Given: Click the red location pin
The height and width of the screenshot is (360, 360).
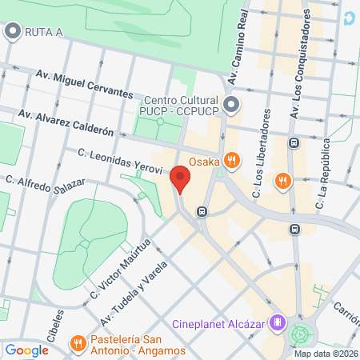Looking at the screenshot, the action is (x=180, y=178).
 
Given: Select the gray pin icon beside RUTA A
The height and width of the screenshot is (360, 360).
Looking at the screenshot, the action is (x=12, y=32).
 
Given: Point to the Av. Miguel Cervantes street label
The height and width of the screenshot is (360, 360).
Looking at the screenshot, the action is (x=84, y=84).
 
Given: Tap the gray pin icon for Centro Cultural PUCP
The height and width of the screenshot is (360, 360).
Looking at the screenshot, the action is (x=231, y=105).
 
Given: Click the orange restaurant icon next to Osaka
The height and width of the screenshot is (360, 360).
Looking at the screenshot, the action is (x=231, y=159).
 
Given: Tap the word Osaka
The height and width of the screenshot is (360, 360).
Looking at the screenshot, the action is (x=203, y=159).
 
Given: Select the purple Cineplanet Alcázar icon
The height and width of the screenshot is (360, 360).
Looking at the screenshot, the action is (x=278, y=323).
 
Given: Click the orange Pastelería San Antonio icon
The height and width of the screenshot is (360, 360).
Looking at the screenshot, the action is (x=78, y=343).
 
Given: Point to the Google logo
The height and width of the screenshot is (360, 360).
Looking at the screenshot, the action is (x=26, y=350).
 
